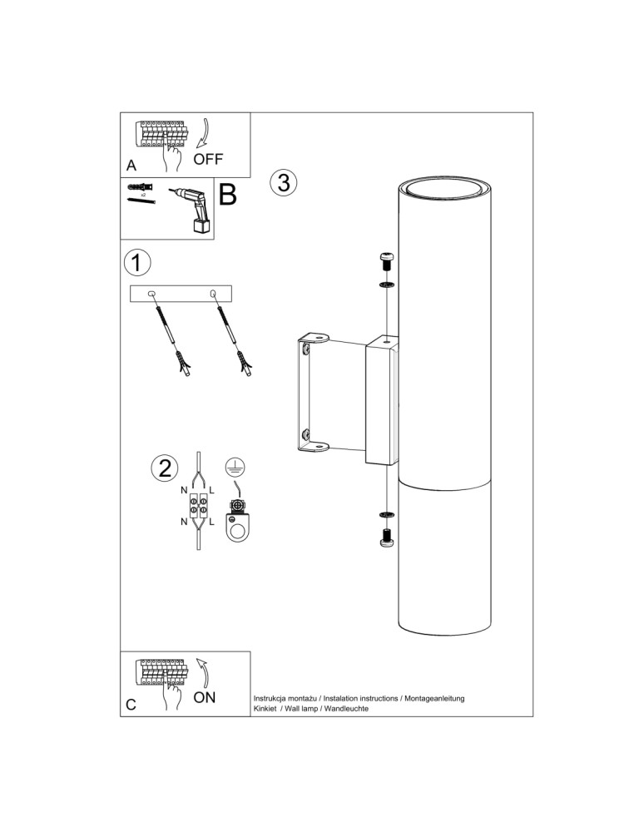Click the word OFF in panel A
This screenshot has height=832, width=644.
tap(208, 159)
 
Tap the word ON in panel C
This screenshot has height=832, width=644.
tap(205, 697)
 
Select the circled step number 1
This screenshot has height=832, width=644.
tap(136, 263)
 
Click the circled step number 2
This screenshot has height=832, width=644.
tap(165, 468)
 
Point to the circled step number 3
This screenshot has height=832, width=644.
tap(284, 182)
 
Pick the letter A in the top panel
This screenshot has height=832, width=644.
tap(131, 166)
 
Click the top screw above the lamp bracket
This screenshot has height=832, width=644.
tap(386, 261)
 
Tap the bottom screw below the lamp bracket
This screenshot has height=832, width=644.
tap(386, 537)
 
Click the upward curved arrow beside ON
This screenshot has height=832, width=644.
tap(203, 672)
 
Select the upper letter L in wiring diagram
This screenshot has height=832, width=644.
tap(211, 491)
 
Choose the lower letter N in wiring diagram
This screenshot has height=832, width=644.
tap(184, 522)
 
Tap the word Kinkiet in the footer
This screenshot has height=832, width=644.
tap(265, 708)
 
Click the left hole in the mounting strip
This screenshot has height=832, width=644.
tap(151, 294)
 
